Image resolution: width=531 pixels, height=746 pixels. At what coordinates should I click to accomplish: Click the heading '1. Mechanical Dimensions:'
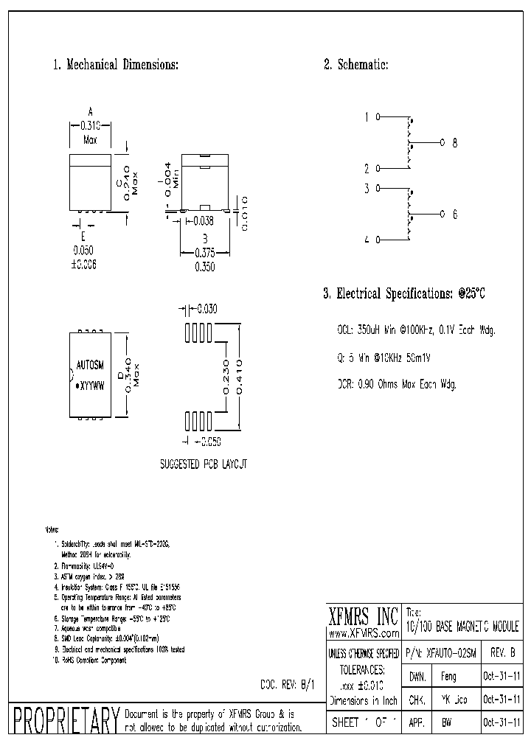coord(115,65)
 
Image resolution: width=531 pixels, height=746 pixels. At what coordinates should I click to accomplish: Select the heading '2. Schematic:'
coord(356,65)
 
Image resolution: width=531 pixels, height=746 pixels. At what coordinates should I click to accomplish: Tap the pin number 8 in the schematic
coord(454,143)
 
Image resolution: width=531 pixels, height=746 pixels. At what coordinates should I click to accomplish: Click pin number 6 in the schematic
coord(454,215)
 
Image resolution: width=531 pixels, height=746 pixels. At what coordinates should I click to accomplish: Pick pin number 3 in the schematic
coord(367,188)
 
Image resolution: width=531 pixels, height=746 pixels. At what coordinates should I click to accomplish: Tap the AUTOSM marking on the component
coord(90,364)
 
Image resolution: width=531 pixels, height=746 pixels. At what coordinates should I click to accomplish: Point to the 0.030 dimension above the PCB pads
coord(207,310)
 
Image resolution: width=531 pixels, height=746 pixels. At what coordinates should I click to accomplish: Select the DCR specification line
coord(397,384)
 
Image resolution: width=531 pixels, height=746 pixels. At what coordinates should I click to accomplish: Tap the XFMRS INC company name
coord(363,614)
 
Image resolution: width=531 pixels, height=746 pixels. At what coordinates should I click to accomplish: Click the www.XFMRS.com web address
coord(364,633)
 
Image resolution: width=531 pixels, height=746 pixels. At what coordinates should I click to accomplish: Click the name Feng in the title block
coord(448,676)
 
